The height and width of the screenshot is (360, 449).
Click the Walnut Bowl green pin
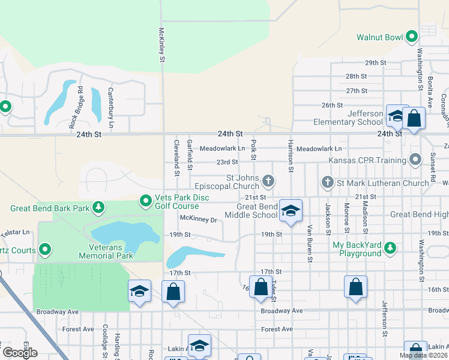tap(412, 37)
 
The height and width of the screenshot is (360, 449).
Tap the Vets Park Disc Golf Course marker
tap(145, 200)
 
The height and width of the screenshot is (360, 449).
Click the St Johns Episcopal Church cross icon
tap(270, 181)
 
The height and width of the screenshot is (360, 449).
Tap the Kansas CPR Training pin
tap(415, 160)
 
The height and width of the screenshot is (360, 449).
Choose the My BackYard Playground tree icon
tap(390, 248)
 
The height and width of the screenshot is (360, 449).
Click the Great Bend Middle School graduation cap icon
tap(291, 211)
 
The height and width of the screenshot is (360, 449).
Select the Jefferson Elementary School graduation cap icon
tap(396, 116)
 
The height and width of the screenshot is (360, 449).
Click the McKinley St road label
tap(161, 44)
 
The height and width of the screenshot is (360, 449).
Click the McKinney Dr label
tap(197, 220)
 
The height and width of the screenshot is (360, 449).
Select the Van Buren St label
tap(310, 244)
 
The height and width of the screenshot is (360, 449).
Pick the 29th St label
tap(375, 62)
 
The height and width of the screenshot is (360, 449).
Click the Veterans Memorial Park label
tap(106, 251)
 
